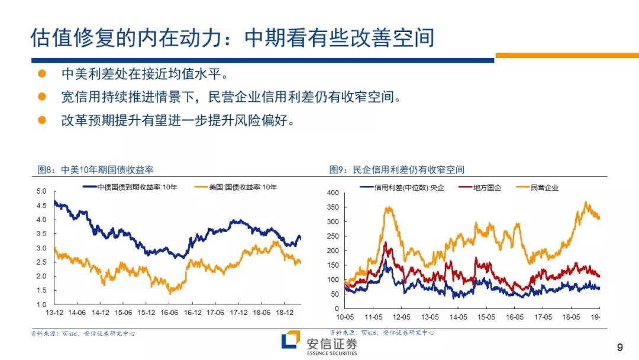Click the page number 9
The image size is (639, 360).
click(x=620, y=348)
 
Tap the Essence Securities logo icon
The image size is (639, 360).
click(x=291, y=339)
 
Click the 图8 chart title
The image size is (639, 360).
click(x=95, y=169)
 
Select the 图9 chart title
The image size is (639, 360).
click(x=397, y=169)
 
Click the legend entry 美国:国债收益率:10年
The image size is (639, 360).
click(x=236, y=187)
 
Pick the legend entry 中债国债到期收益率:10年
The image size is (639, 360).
click(x=130, y=187)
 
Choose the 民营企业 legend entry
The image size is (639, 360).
click(x=537, y=188)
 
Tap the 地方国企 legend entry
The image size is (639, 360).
click(x=480, y=188)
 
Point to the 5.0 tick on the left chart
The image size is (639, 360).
click(x=41, y=191)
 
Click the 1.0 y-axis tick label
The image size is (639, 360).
click(x=41, y=304)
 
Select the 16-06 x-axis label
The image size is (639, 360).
click(x=169, y=313)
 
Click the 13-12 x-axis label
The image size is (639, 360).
click(x=54, y=313)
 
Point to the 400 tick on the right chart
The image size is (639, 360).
click(x=333, y=193)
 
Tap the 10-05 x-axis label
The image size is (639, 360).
click(x=345, y=317)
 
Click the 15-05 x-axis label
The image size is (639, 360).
click(x=486, y=317)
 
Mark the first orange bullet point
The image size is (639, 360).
click(x=42, y=73)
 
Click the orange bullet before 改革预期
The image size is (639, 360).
click(x=42, y=120)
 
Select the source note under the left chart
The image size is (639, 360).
click(x=83, y=333)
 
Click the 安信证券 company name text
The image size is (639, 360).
click(x=332, y=344)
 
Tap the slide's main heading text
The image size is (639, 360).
click(x=233, y=38)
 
